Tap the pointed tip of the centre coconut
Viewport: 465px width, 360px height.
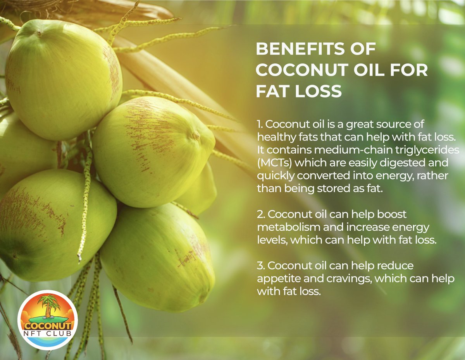click(x=196, y=136)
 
